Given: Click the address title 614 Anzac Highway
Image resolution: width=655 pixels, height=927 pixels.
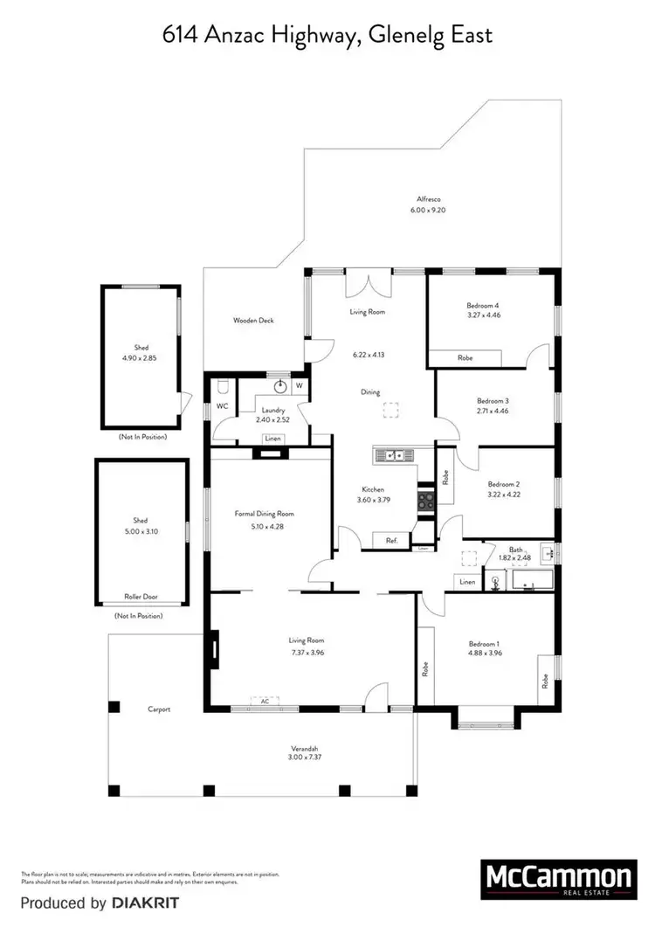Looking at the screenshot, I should click(327, 35).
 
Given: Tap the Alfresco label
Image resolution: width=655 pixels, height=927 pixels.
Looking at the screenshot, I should click(428, 199).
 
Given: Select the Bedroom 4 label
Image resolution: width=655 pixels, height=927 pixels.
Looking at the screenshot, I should click(482, 306).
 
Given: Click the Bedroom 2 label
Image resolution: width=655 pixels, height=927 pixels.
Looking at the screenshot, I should click(504, 484).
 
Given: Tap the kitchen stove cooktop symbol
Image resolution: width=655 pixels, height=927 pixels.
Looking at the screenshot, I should click(425, 501).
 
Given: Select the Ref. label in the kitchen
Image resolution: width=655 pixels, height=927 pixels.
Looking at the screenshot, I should click(392, 541).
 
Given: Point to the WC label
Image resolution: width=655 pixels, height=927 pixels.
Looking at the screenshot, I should click(222, 406).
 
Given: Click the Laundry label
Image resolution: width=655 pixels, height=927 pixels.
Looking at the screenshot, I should click(268, 409).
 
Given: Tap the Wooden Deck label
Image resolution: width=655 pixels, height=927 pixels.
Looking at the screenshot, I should click(253, 321).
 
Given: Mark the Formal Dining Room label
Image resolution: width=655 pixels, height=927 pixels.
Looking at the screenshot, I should click(264, 514).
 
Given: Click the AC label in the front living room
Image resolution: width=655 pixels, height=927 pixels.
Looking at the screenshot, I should click(263, 701).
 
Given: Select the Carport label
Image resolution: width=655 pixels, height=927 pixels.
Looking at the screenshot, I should click(158, 709).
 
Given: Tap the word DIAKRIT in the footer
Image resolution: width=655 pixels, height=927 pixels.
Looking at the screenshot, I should click(141, 903).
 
